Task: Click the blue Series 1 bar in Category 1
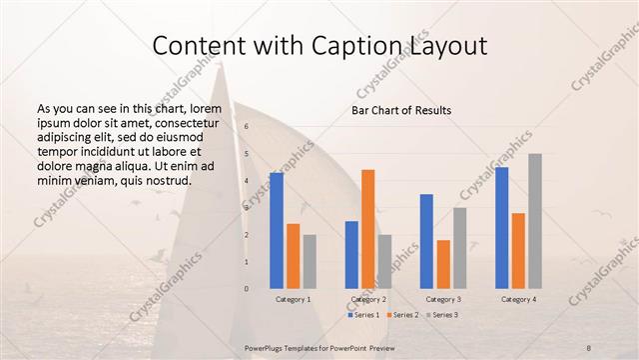pos(277,230)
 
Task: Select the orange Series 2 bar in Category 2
pos(368,228)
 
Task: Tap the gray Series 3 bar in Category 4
pos(535,220)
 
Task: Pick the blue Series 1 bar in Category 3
pos(426,240)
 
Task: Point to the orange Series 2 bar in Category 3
pos(443,263)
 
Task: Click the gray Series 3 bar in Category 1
pos(310,261)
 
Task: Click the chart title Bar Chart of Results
pos(400,110)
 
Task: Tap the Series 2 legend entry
pos(403,315)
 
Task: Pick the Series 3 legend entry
pos(442,315)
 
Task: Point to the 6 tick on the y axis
pos(247,126)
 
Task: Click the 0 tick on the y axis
pos(247,289)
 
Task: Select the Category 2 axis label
pos(367,299)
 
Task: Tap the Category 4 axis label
pos(517,299)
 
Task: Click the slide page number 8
pos(588,347)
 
